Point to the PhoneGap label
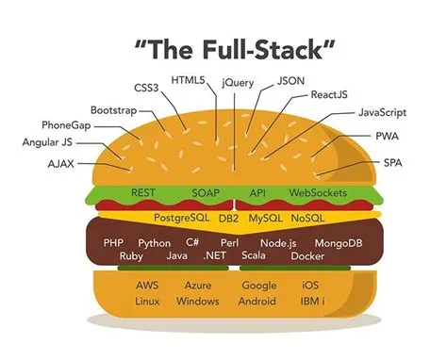[x=66, y=125]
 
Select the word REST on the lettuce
[x=142, y=193]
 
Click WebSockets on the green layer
[x=318, y=193]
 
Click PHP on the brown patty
[x=113, y=243]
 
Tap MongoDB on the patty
[x=337, y=243]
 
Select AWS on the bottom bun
[x=147, y=285]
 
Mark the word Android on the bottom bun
[x=257, y=302]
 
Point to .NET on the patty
[x=216, y=256]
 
